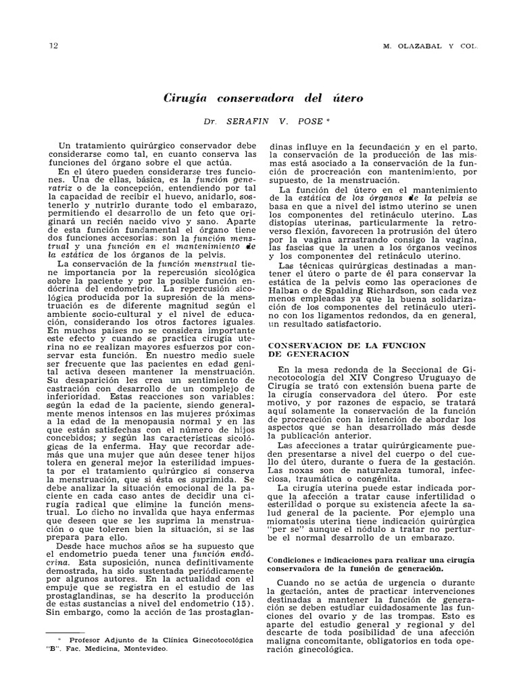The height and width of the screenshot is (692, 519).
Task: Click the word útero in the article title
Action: (x=345, y=98)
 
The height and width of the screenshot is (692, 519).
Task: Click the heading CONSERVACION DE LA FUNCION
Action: (x=347, y=345)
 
